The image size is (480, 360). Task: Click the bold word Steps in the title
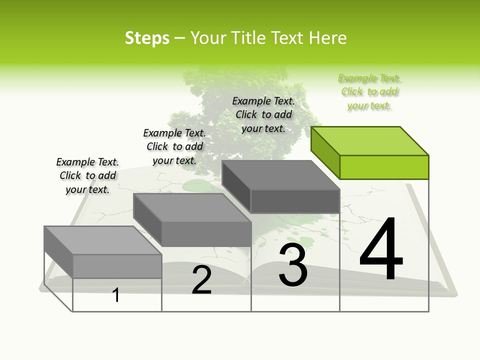(147, 38)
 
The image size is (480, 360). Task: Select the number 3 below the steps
(293, 265)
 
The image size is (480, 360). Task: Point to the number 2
(202, 280)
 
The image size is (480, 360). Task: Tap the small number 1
(116, 295)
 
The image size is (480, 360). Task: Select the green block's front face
(384, 167)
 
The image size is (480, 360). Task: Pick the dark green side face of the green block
(325, 152)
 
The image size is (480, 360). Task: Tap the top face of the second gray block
(192, 207)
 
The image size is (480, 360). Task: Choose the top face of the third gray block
(281, 175)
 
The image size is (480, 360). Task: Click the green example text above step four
(369, 92)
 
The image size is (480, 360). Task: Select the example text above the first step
(87, 175)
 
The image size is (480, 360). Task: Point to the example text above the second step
(174, 146)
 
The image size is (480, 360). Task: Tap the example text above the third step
(263, 114)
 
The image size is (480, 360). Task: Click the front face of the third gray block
(295, 201)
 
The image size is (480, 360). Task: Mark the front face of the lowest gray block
(117, 266)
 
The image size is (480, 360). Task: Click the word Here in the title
(328, 38)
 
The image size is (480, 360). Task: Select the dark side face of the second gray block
(147, 220)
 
